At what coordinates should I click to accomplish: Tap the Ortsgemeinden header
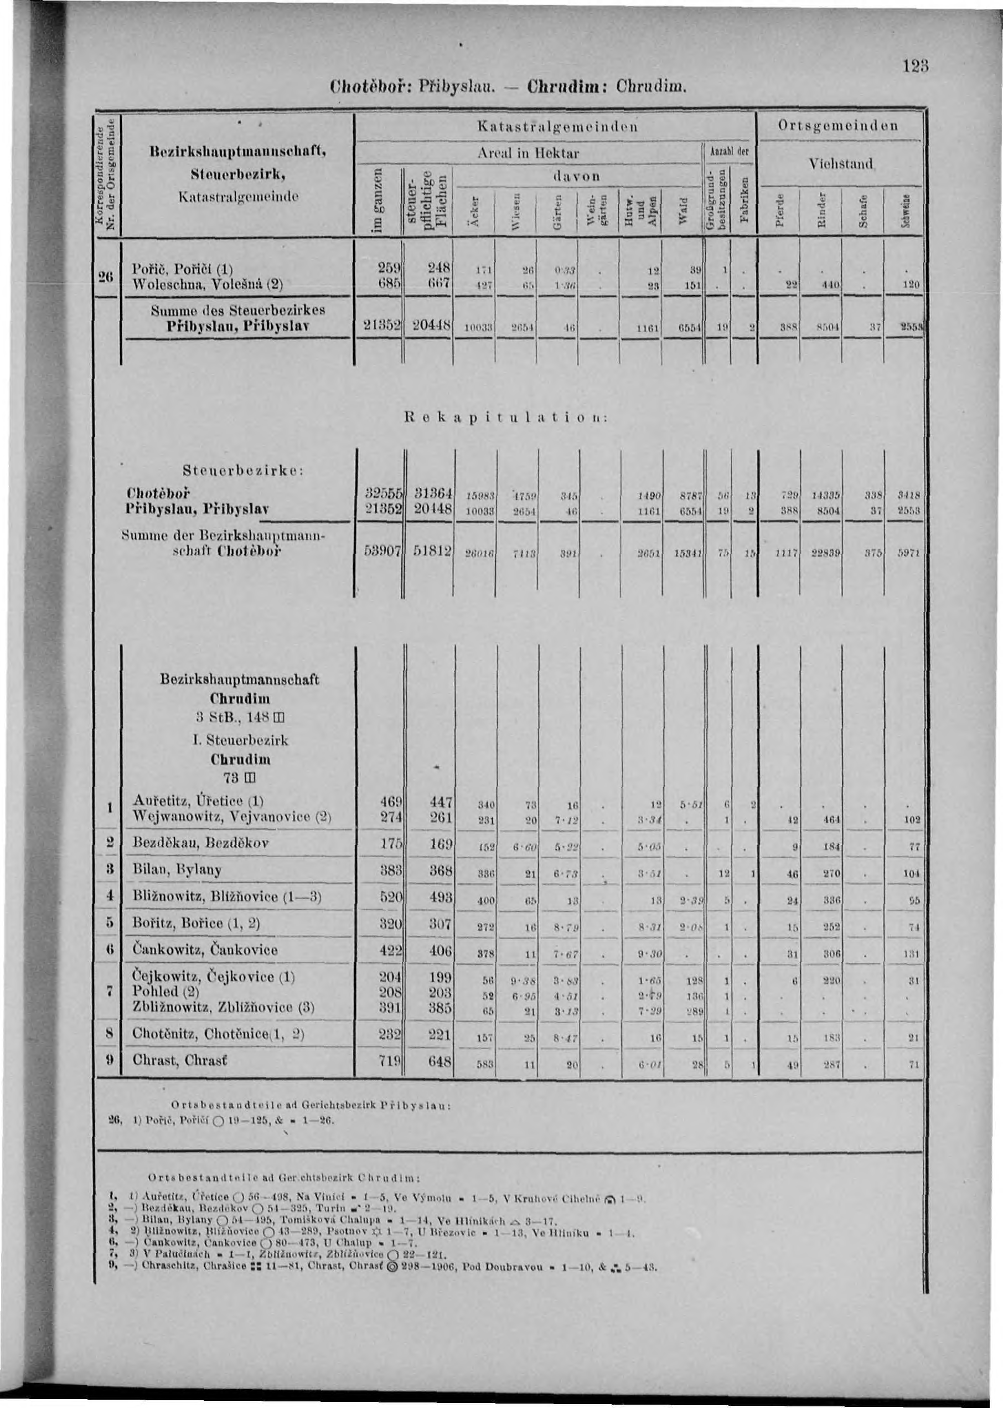(x=839, y=126)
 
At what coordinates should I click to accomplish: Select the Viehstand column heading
(x=841, y=164)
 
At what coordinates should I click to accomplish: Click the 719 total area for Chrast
(x=391, y=1061)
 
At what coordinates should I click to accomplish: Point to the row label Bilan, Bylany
(x=177, y=870)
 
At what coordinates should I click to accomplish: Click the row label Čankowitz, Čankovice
(x=205, y=950)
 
